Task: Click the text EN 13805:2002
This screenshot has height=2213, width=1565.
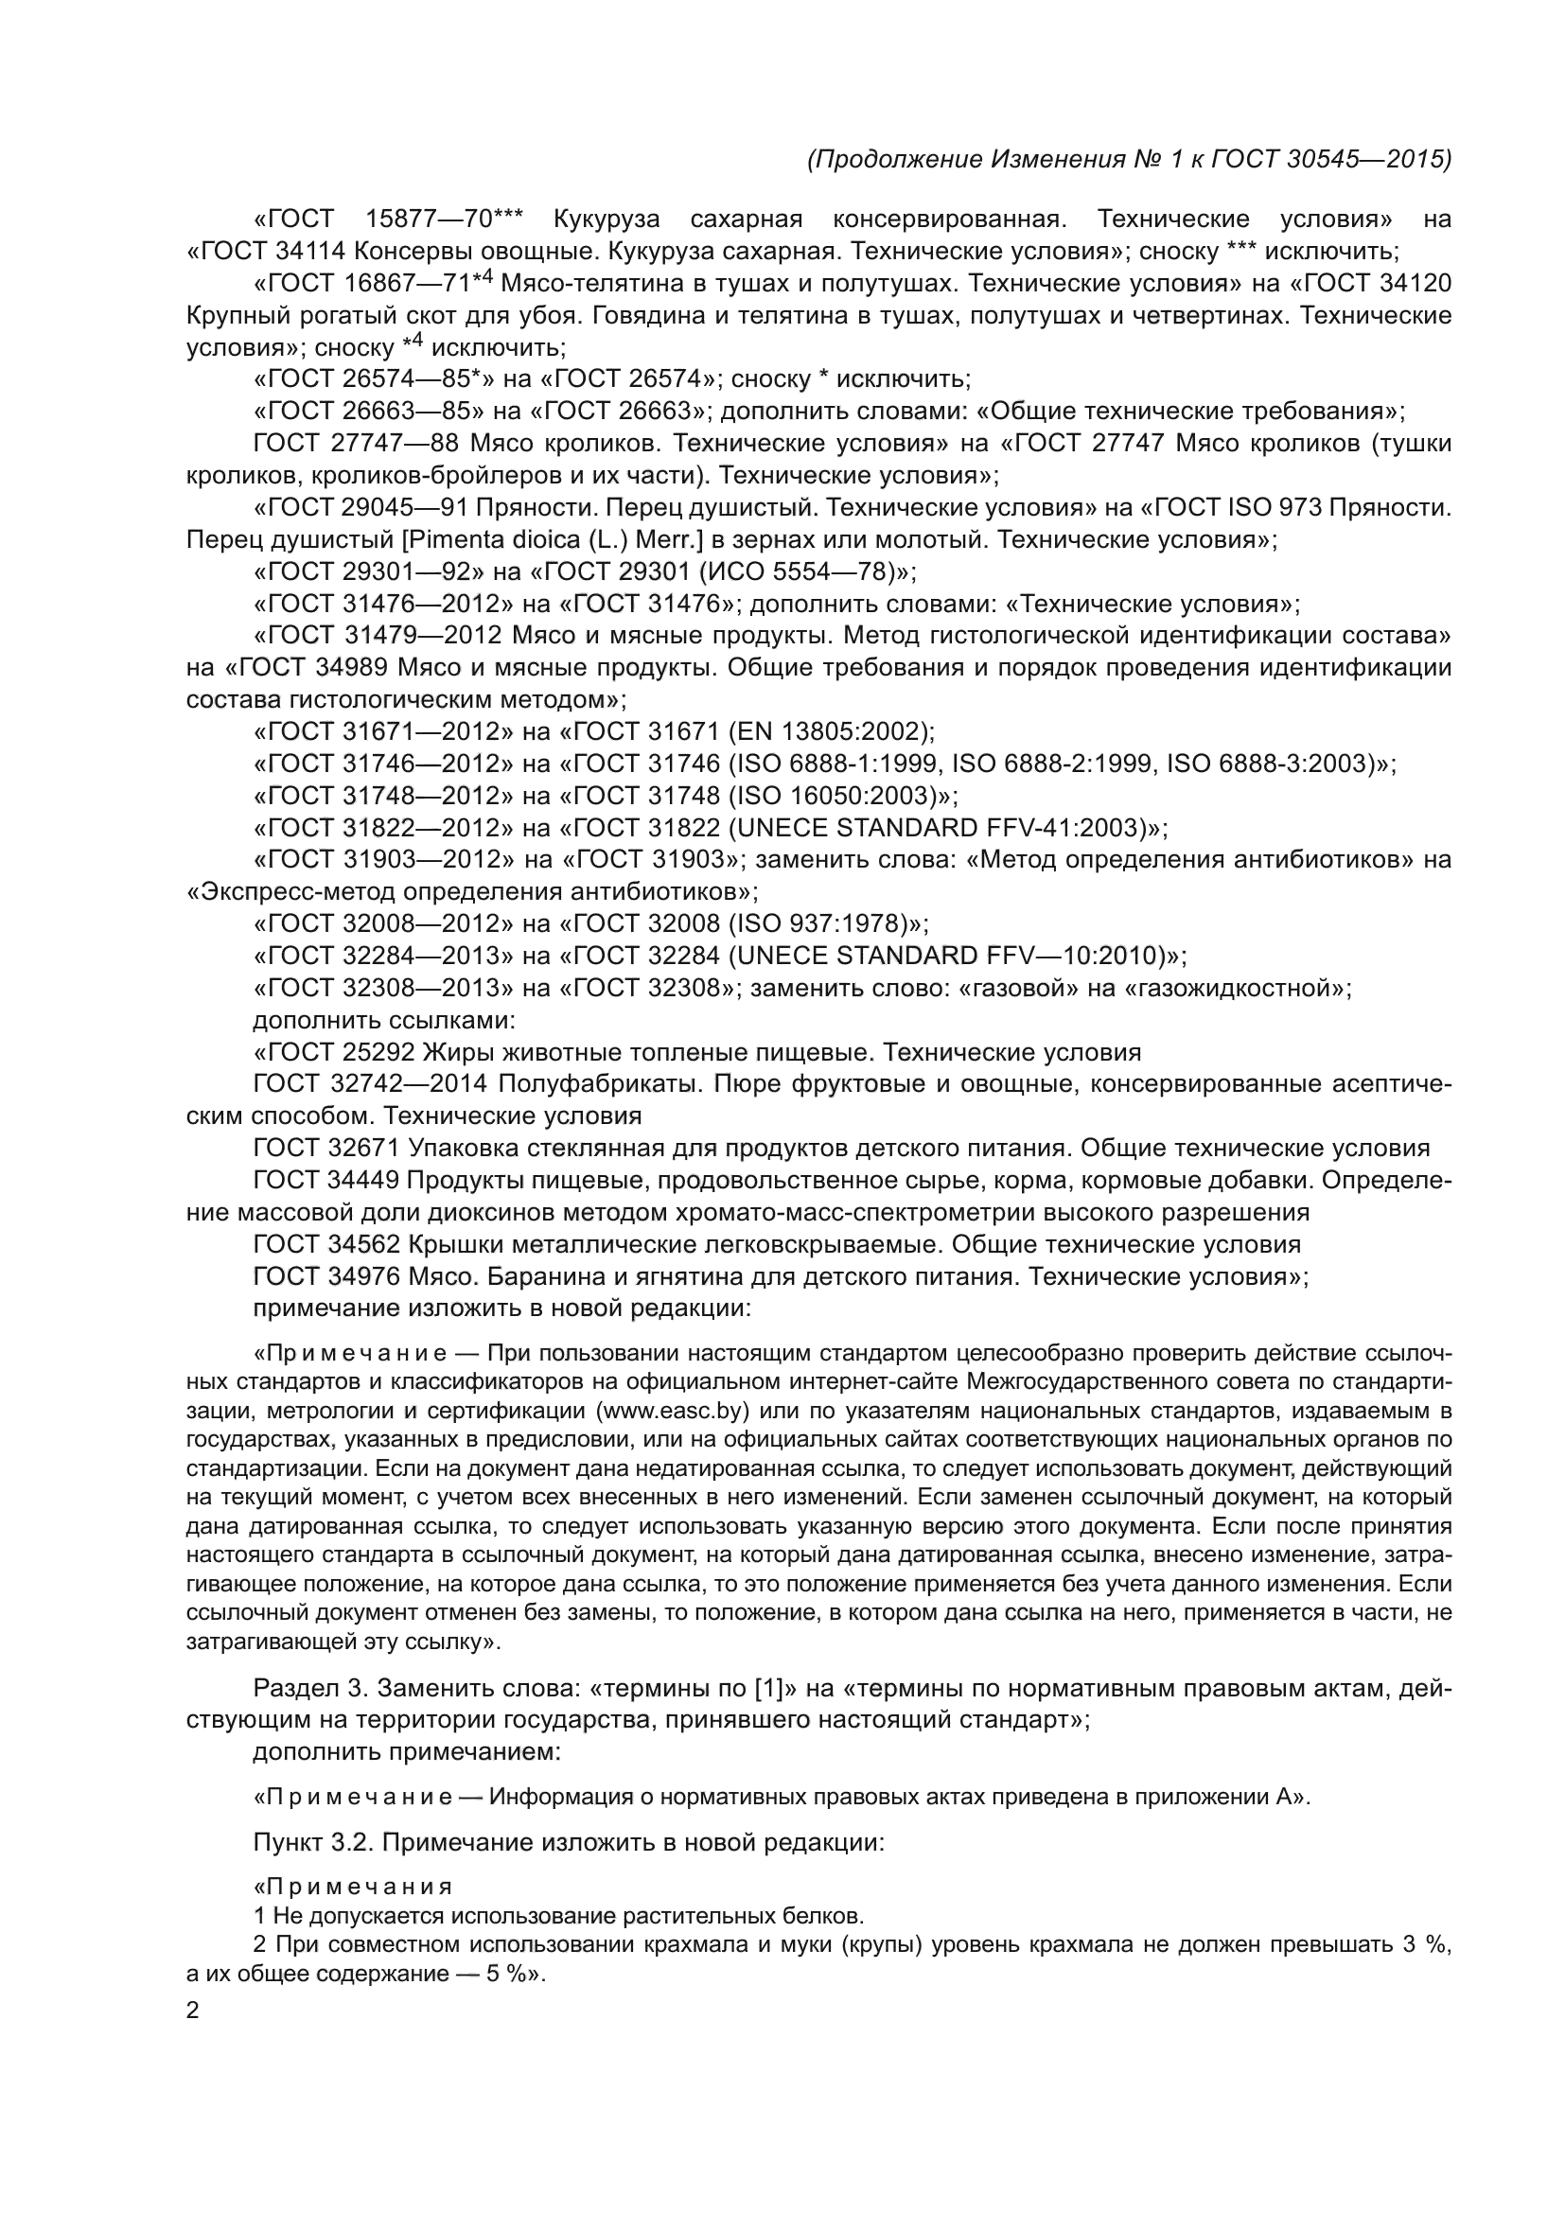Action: [x=829, y=731]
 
